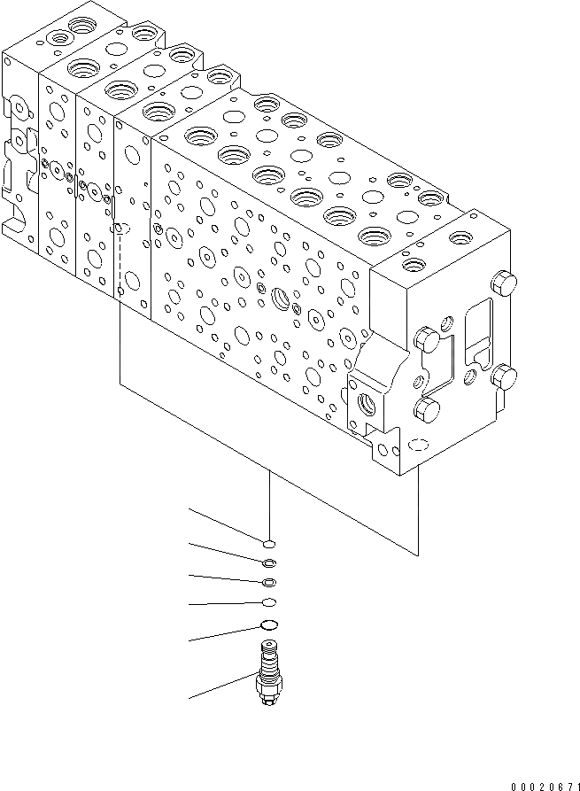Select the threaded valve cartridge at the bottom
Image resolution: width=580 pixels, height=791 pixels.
pyautogui.click(x=268, y=676)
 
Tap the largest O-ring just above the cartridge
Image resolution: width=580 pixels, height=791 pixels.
pyautogui.click(x=270, y=626)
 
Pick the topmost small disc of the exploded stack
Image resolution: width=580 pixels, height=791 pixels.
pyautogui.click(x=270, y=544)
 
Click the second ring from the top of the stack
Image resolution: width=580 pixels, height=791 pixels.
pyautogui.click(x=270, y=562)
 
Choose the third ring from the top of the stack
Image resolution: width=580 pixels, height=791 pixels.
pyautogui.click(x=270, y=582)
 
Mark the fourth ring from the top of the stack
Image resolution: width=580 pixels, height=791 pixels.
pyautogui.click(x=270, y=603)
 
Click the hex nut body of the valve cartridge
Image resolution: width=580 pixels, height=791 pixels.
pyautogui.click(x=268, y=687)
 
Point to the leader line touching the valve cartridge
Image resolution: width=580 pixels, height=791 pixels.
pyautogui.click(x=221, y=687)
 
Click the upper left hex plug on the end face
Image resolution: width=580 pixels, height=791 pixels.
pyautogui.click(x=428, y=339)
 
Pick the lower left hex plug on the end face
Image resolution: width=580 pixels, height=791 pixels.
pyautogui.click(x=427, y=408)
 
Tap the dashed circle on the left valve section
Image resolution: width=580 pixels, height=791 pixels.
pyautogui.click(x=123, y=229)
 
